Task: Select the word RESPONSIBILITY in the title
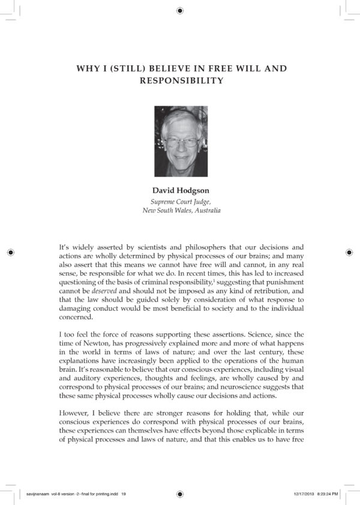click(181, 80)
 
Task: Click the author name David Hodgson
click(181, 191)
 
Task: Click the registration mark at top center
click(180, 10)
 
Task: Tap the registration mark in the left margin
click(10, 252)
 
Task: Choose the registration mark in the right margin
click(350, 252)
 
